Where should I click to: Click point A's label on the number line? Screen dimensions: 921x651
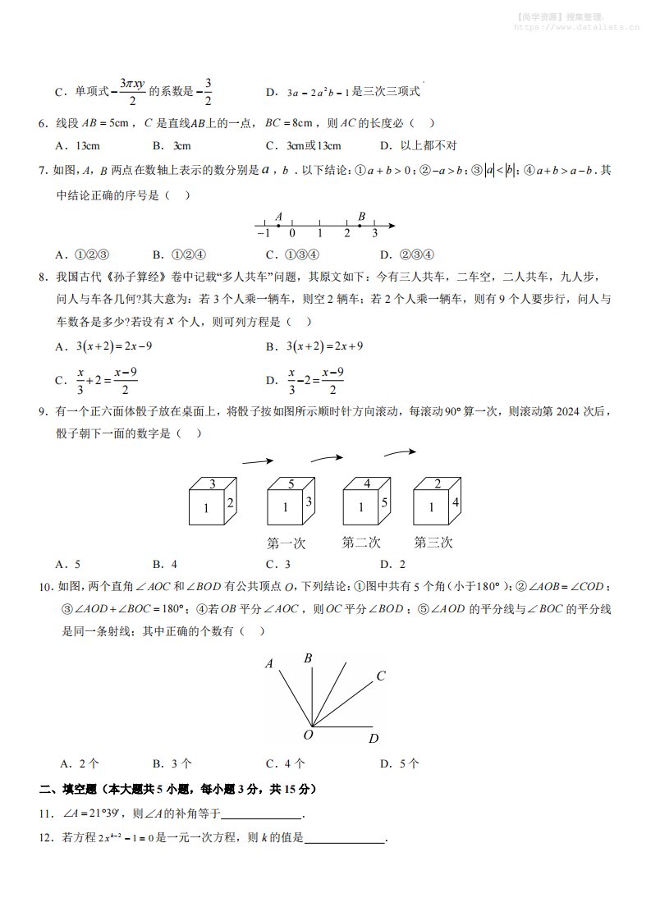(279, 217)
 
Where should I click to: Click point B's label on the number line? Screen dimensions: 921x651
(361, 217)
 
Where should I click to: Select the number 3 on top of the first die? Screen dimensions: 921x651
(213, 483)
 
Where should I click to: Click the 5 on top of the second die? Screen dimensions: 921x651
(291, 483)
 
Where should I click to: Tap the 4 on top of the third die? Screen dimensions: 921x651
(367, 483)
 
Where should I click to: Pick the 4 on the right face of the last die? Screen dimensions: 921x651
(454, 502)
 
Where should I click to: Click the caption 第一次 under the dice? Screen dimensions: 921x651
(287, 543)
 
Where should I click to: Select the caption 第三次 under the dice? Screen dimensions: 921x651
(433, 543)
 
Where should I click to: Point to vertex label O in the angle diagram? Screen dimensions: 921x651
(309, 735)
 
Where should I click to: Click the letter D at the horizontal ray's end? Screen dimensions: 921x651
(374, 738)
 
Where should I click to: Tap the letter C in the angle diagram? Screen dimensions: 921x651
(381, 676)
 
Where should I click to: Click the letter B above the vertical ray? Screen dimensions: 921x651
(309, 658)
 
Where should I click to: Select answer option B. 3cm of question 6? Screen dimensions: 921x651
(172, 146)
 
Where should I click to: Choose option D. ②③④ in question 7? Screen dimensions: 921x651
(407, 254)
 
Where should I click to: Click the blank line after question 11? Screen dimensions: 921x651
(262, 816)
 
